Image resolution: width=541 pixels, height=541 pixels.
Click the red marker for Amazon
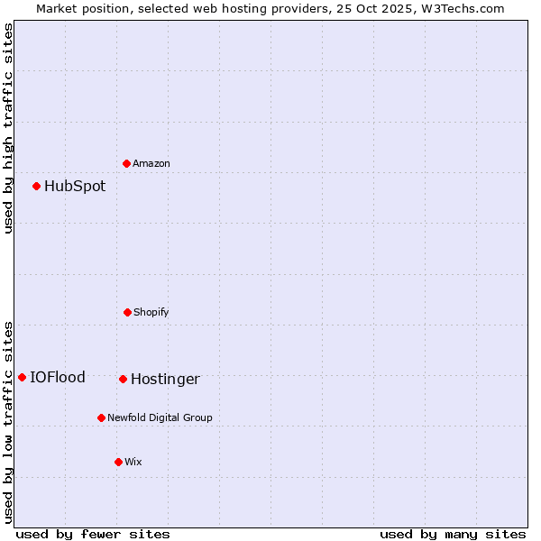[127, 163]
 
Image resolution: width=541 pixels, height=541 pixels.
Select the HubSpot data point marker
[37, 186]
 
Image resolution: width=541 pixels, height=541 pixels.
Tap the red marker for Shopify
[128, 312]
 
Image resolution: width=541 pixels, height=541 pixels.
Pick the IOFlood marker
[23, 377]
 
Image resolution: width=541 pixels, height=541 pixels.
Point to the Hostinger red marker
[124, 379]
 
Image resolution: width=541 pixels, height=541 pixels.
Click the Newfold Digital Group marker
[102, 417]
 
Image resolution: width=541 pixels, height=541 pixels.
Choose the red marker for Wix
[118, 462]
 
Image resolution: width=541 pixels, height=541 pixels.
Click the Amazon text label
[151, 164]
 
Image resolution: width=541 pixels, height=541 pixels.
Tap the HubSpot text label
[75, 187]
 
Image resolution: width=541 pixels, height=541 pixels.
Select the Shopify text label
[151, 313]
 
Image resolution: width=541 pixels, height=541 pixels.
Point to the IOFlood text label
[58, 378]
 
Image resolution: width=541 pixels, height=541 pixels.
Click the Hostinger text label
[165, 380]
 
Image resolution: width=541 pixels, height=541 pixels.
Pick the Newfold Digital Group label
[160, 418]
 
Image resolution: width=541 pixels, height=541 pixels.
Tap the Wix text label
[133, 463]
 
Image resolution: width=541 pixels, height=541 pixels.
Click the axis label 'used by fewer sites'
[93, 534]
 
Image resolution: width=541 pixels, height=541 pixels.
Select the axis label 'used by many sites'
[453, 534]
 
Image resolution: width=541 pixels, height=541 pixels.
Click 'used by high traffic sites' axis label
[8, 129]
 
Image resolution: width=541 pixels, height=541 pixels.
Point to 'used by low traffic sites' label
[8, 422]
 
